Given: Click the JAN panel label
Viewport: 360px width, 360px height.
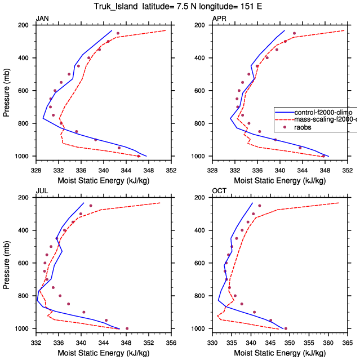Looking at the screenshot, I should [42, 19].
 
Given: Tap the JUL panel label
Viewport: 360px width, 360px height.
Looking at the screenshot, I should [41, 191].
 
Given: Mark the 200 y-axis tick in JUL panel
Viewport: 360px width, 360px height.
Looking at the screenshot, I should [25, 198].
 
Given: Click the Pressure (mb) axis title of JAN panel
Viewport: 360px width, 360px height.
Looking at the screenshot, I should [7, 91].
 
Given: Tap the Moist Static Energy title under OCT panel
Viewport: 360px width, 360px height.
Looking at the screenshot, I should [279, 353].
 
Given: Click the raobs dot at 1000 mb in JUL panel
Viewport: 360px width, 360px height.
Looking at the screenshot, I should [127, 328].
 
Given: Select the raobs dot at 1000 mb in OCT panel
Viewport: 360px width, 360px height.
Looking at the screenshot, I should [286, 328].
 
